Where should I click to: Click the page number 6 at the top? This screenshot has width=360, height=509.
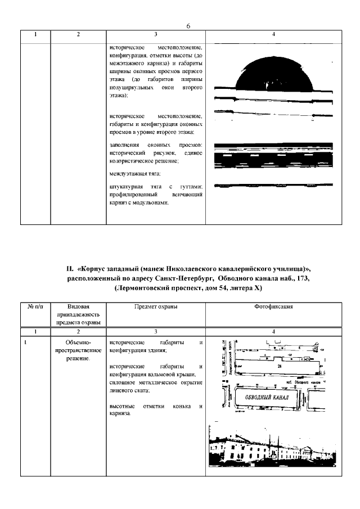pyautogui.click(x=188, y=26)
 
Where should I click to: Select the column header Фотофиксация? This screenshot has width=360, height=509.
pyautogui.click(x=273, y=307)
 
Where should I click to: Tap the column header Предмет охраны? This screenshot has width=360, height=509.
pyautogui.click(x=156, y=307)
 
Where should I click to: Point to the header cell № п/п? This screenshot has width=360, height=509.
pyautogui.click(x=35, y=307)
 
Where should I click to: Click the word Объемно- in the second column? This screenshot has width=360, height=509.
pyautogui.click(x=78, y=343)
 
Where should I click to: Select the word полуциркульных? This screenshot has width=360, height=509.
pyautogui.click(x=131, y=89)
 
